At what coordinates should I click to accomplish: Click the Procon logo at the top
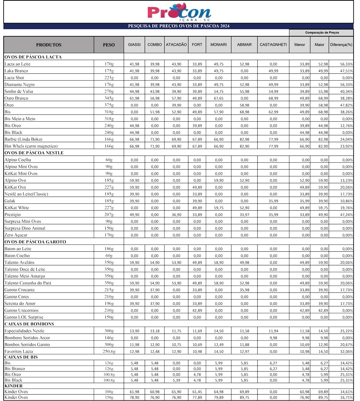point(179,12)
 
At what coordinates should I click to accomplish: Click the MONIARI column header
point(218,45)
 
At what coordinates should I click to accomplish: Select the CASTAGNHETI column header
point(273,45)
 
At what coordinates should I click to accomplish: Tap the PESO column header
point(109,45)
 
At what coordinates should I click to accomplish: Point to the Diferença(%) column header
point(341,45)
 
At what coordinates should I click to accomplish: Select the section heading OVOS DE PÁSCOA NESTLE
point(34,153)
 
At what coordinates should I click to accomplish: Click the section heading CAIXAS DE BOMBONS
point(29,324)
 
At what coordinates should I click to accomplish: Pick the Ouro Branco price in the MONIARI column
point(218,98)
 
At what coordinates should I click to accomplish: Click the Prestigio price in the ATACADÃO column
point(176,215)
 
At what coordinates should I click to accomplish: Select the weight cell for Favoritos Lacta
point(109,351)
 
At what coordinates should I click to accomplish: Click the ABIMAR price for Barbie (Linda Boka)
point(244,139)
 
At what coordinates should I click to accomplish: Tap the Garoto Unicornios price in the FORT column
point(197,310)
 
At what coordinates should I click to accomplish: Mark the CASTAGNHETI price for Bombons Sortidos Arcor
point(273,338)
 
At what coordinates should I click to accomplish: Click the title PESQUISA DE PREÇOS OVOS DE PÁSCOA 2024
point(179,26)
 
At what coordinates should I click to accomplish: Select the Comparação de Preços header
point(322,32)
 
